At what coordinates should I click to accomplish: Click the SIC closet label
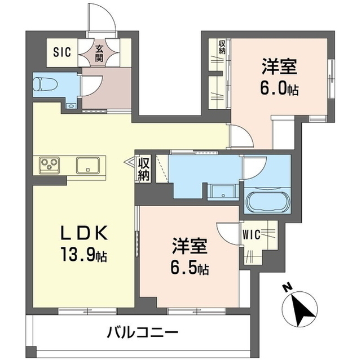61,52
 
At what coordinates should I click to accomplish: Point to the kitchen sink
89,165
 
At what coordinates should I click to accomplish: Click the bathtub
267,201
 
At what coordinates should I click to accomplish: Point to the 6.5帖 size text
191,268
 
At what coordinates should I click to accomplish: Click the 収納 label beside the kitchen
144,168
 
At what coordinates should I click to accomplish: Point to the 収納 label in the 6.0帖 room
222,47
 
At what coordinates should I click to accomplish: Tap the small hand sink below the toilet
72,105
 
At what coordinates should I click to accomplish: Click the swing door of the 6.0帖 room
241,135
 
